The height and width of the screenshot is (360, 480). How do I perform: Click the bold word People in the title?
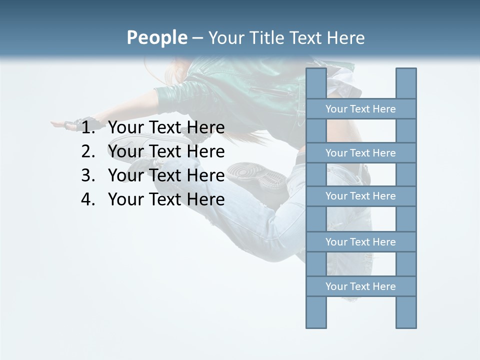(156, 37)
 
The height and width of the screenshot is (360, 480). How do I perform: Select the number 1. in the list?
(88, 128)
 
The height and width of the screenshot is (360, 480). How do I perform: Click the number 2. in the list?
(88, 151)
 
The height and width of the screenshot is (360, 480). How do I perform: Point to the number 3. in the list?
(88, 175)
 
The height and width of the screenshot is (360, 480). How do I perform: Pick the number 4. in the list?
(88, 199)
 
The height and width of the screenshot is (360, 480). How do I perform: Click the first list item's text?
(166, 128)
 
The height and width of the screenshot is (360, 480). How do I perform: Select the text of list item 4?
(166, 199)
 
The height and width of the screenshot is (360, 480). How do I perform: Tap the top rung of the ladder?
(360, 109)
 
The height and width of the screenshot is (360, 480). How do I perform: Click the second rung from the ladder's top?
(360, 153)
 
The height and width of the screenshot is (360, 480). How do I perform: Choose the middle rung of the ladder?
(360, 196)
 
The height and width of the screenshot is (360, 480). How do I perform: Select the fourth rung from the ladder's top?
(360, 242)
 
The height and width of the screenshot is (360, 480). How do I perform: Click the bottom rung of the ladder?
(360, 286)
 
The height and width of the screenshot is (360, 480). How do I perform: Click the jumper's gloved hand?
(75, 123)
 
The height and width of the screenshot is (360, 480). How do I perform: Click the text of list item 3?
(166, 175)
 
